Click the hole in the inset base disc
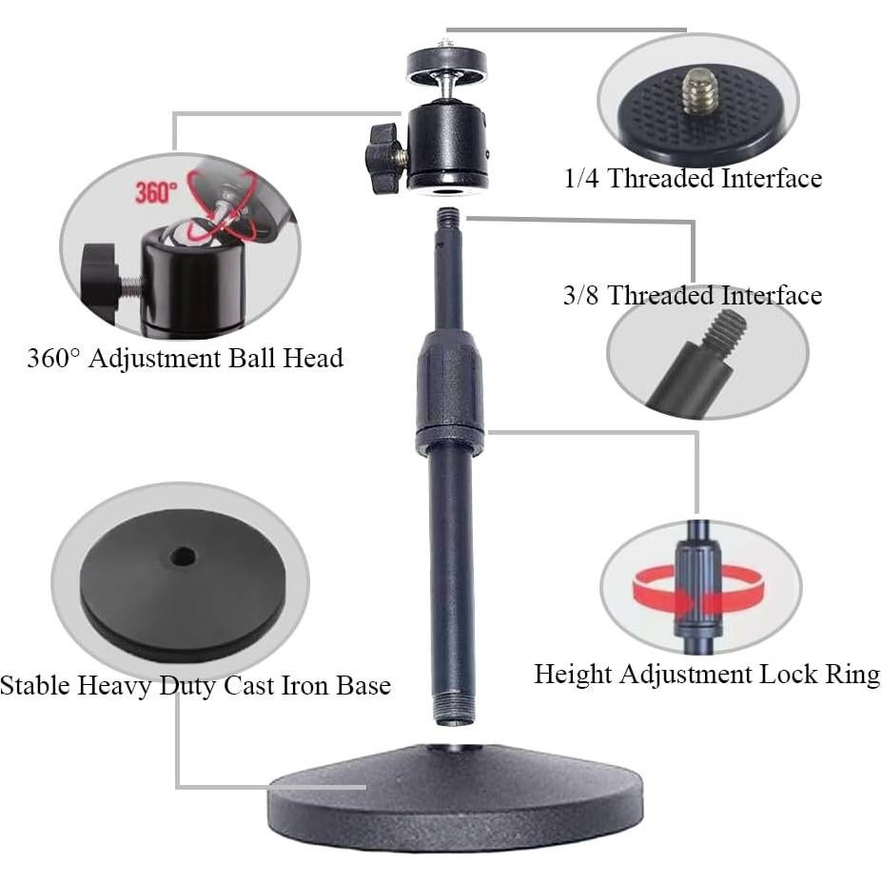(x=184, y=555)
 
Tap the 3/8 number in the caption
(x=581, y=295)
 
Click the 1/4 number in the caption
(x=582, y=177)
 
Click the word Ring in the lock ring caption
(x=852, y=675)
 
